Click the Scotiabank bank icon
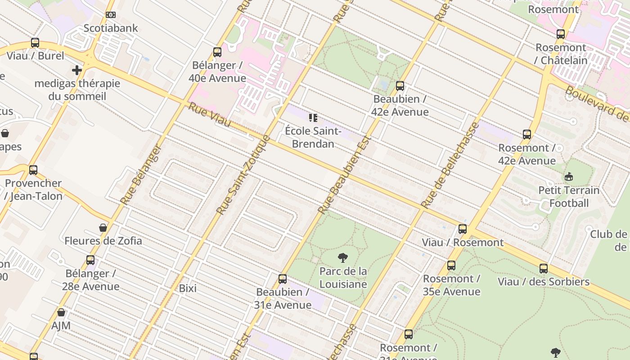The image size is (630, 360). (x=110, y=15)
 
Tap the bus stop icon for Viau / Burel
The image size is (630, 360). (x=35, y=43)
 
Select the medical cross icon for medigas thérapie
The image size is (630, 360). (x=77, y=70)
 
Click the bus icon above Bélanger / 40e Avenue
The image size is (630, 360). (x=217, y=52)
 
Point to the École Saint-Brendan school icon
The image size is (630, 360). (x=313, y=118)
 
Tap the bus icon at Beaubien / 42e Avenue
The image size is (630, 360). (x=400, y=86)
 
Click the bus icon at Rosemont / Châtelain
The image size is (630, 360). (x=560, y=34)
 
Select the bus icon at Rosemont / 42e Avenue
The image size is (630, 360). (x=527, y=135)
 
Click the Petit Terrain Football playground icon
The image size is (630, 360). (x=569, y=176)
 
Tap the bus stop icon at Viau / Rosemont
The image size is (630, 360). (x=463, y=229)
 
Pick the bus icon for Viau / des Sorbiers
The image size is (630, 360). (x=544, y=269)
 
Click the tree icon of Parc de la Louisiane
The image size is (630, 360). (x=343, y=258)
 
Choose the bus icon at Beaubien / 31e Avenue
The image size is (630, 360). (x=283, y=279)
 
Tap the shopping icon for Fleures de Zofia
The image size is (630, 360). (x=103, y=228)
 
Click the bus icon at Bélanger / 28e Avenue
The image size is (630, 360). (x=90, y=260)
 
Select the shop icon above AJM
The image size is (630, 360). (x=61, y=312)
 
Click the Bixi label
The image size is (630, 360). (x=188, y=288)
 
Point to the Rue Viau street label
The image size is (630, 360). (x=209, y=115)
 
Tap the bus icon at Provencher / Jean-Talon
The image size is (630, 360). (x=33, y=170)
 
